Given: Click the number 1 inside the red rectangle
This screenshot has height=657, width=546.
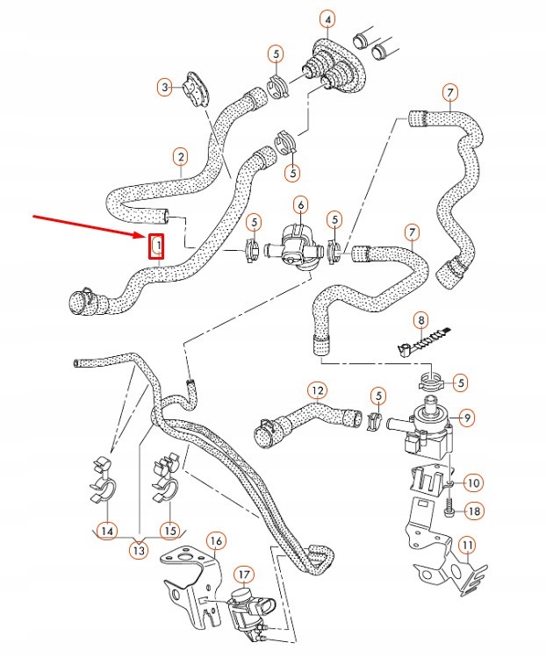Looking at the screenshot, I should [157, 246].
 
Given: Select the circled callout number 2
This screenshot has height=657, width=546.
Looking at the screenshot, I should [180, 158].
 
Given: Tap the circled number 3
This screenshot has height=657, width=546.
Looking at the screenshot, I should [164, 86].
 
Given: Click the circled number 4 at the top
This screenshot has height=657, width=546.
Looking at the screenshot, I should [327, 19].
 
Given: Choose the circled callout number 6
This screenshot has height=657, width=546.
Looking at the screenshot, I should [300, 205].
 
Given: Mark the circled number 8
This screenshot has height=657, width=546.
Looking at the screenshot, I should [421, 320].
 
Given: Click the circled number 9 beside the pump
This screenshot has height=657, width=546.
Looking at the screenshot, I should [467, 418].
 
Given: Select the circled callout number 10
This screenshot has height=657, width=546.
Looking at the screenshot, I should [472, 482].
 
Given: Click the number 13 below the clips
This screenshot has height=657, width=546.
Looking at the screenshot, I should [138, 550].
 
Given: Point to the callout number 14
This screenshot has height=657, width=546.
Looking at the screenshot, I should [106, 530].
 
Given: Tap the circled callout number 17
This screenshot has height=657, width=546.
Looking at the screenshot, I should [243, 575].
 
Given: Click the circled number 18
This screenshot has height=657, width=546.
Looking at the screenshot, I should [472, 511].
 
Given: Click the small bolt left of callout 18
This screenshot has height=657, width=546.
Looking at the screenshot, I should [450, 509].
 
